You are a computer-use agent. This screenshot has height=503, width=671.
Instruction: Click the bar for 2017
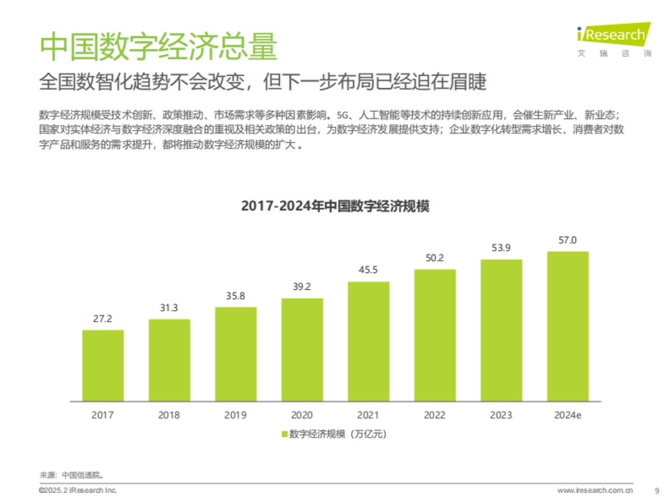coord(103,366)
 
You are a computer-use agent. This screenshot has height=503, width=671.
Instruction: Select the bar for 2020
coord(302,350)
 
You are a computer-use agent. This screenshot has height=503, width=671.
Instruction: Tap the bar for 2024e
coord(568,326)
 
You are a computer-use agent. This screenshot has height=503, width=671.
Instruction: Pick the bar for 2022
coord(435,335)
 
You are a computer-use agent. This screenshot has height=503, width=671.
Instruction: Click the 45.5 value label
coord(368,271)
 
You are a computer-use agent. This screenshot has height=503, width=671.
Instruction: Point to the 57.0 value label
coord(568,240)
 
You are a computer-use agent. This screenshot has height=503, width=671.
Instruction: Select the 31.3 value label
coord(169,308)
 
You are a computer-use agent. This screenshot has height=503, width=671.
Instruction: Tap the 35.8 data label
coord(235,296)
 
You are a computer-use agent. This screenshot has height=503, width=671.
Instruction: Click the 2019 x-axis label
coord(235,415)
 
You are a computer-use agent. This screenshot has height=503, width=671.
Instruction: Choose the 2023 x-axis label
coord(501,415)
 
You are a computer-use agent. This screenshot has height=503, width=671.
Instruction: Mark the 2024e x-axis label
coord(568,415)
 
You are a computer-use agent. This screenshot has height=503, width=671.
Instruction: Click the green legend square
coord(285,434)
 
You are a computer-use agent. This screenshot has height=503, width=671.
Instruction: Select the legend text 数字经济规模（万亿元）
coord(338,434)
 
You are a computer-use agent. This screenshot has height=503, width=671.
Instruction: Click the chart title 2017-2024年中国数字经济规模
coord(335,206)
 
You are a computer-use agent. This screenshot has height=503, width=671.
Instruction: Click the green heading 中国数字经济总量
coord(158,46)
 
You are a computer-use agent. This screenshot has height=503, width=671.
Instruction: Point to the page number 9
coord(657,491)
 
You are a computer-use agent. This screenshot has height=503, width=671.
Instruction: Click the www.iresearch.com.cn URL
coord(595,491)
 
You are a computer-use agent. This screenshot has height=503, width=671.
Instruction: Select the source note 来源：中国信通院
coord(72,475)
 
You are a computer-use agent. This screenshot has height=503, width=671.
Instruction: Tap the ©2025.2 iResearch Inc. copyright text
coord(78,490)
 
